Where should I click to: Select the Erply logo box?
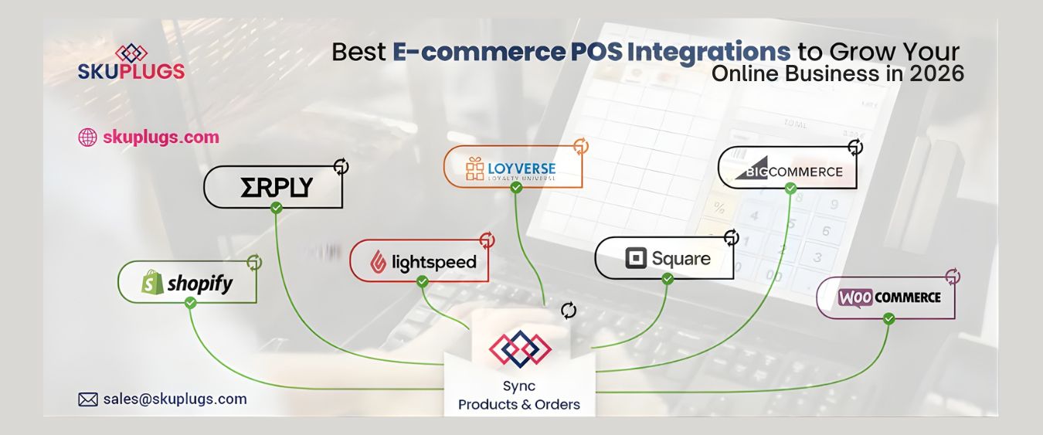[x=273, y=187]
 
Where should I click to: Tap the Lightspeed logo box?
[x=422, y=261]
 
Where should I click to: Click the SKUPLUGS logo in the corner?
[x=131, y=63]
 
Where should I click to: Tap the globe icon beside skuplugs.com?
[x=87, y=138]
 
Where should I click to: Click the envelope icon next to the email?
[x=88, y=399]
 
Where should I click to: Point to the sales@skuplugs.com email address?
[x=175, y=399]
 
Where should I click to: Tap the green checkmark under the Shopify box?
[x=191, y=303]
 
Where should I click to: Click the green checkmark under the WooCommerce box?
[x=888, y=318]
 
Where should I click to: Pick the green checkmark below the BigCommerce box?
[x=790, y=189]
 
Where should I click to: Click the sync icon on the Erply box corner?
[x=341, y=165]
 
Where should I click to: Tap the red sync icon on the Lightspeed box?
[x=487, y=240]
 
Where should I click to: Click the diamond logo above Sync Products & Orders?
[x=520, y=348]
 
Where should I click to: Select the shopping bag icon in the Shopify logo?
[x=152, y=284]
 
